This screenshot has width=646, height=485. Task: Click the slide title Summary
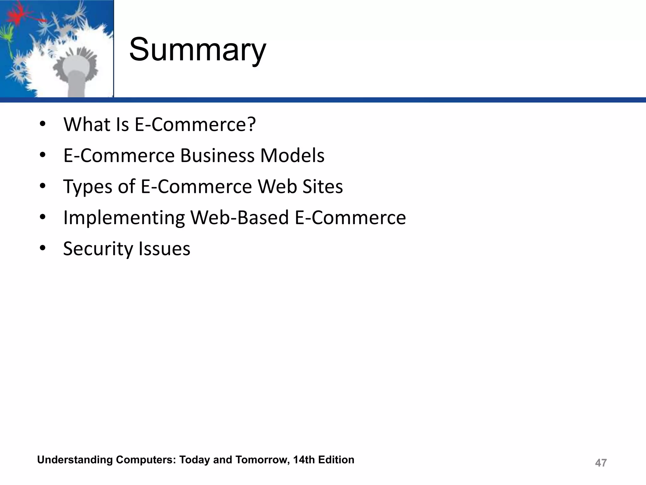click(x=197, y=50)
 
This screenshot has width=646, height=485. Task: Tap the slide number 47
click(x=601, y=463)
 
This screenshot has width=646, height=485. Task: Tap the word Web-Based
click(x=239, y=218)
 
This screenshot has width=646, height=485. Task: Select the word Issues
click(x=169, y=249)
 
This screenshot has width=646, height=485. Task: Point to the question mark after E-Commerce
click(x=251, y=124)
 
